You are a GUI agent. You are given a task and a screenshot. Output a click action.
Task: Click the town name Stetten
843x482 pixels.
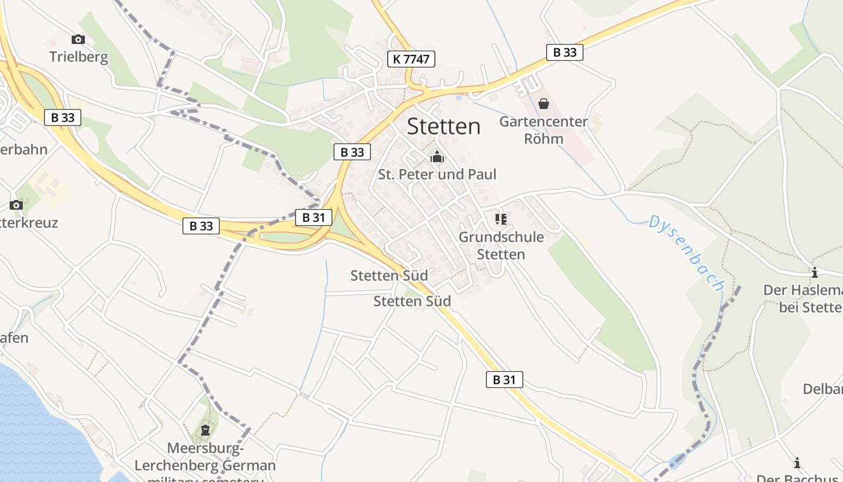[x=444, y=127]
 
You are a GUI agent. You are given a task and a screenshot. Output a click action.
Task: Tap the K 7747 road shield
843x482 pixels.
[x=411, y=58]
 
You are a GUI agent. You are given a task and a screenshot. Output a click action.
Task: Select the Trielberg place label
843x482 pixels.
[x=79, y=57]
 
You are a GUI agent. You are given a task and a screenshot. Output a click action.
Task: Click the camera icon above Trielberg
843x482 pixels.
[x=78, y=40]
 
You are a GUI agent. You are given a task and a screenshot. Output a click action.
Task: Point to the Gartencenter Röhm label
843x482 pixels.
[x=543, y=130]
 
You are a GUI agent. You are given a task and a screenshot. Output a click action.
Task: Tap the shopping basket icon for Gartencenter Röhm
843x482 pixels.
[x=544, y=104]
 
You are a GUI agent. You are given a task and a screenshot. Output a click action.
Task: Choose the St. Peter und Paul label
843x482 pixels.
[x=437, y=175]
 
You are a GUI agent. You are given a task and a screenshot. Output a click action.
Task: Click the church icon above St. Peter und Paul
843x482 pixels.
[x=437, y=157]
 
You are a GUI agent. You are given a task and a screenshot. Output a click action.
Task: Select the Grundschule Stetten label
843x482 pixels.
[x=501, y=245]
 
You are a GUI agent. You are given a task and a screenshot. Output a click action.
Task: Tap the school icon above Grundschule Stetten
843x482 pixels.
[x=501, y=219]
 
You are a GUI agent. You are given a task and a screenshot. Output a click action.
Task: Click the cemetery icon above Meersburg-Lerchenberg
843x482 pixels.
[x=205, y=430]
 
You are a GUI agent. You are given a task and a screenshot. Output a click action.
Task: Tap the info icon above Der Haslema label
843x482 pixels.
[x=815, y=272]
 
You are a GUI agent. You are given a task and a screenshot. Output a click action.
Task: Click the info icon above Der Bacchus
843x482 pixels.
[x=797, y=463]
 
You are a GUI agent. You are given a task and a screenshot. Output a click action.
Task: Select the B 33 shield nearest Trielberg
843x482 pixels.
[x=63, y=117]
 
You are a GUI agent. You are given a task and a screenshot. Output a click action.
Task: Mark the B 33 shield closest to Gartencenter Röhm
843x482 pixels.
[x=565, y=52]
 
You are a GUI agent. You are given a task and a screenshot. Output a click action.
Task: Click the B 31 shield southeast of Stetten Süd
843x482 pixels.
[x=504, y=380]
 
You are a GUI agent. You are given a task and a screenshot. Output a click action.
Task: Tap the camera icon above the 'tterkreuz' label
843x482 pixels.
[x=16, y=205]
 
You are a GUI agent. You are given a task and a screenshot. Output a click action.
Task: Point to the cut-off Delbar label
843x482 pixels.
[x=823, y=389]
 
